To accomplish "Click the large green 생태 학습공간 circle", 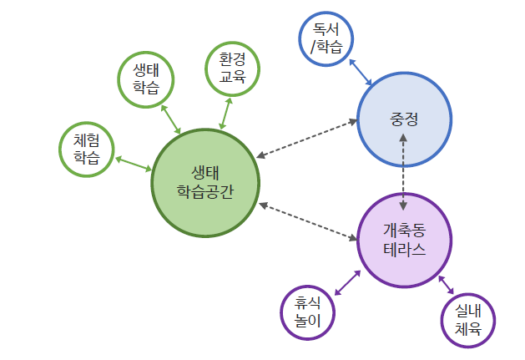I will click(x=205, y=181).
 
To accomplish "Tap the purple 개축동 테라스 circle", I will click(x=404, y=240).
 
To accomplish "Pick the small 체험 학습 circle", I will click(x=87, y=150).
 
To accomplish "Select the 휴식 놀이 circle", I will click(x=307, y=313).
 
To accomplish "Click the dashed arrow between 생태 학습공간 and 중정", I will click(x=307, y=139).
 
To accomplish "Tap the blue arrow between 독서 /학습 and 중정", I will click(x=361, y=72).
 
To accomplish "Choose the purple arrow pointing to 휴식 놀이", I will click(x=346, y=281).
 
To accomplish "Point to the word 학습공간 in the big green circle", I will click(x=205, y=191).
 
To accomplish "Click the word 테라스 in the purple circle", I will click(x=404, y=250).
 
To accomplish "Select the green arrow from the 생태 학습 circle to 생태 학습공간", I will click(x=170, y=119).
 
